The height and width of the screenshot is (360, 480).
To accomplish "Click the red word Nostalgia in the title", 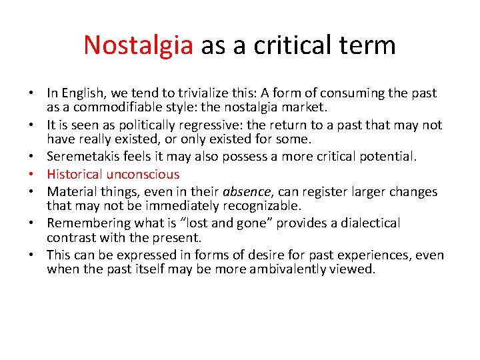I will click(x=138, y=45).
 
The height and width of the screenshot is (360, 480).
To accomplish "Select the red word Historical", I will click(x=75, y=174).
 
